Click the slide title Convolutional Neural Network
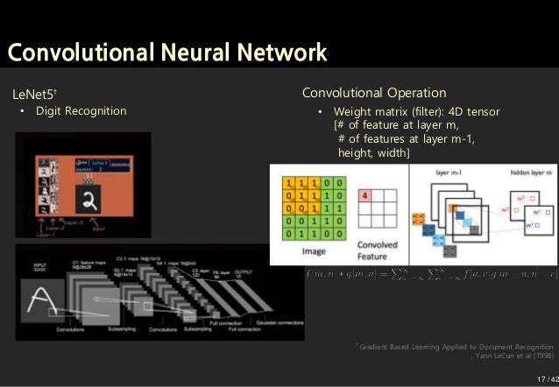pos(166,53)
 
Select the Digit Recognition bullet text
pos(81,111)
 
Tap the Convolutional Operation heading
pos(374,93)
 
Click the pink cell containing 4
pos(365,196)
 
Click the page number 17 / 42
pos(545,378)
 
